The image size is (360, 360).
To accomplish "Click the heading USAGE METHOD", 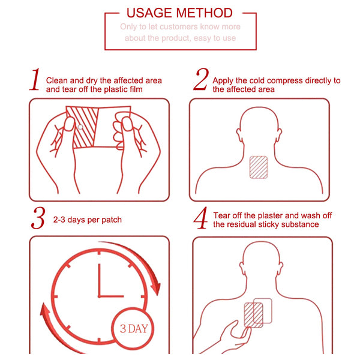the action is pyautogui.click(x=179, y=13).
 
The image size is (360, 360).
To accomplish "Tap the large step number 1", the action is pyautogui.click(x=35, y=79).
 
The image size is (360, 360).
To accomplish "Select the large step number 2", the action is pyautogui.click(x=201, y=79).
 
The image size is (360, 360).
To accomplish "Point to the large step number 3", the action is pyautogui.click(x=38, y=218).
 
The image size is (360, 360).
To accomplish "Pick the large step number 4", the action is pyautogui.click(x=200, y=218).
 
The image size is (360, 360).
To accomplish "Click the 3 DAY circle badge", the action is pyautogui.click(x=133, y=328).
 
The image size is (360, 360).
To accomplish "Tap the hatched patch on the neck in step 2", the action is pyautogui.click(x=259, y=167).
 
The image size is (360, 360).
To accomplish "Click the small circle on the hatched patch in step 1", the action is pyautogui.click(x=80, y=127).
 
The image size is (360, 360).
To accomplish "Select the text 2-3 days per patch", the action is pyautogui.click(x=87, y=220).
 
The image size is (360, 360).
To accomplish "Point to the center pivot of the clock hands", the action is pyautogui.click(x=99, y=296).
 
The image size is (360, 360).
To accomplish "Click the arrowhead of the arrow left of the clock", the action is pyautogui.click(x=45, y=310).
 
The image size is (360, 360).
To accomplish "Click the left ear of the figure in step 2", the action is pyautogui.click(x=239, y=135).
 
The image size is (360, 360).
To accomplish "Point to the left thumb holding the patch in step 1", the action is pyautogui.click(x=69, y=124).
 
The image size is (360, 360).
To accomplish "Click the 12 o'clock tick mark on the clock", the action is pyautogui.click(x=99, y=253).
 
